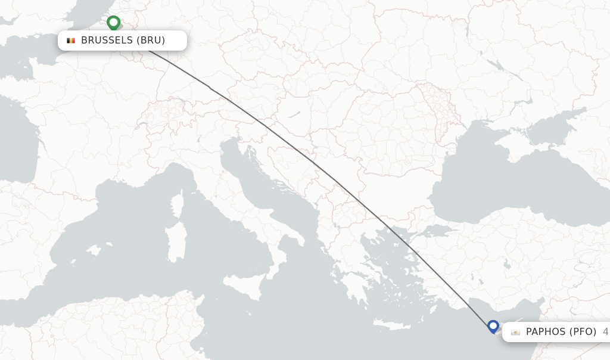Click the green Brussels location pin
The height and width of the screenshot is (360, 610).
(x=113, y=23)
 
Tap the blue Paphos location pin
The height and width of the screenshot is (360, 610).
(x=493, y=326)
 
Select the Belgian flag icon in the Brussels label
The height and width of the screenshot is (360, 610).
(x=71, y=41)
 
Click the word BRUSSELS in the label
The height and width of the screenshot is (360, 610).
(x=107, y=41)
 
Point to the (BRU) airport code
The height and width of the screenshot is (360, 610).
(x=151, y=41)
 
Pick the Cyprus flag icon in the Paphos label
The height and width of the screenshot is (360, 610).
(x=515, y=332)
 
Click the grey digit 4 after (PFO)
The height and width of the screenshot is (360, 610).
(x=605, y=331)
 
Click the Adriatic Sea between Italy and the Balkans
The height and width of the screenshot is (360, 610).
(x=262, y=179)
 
